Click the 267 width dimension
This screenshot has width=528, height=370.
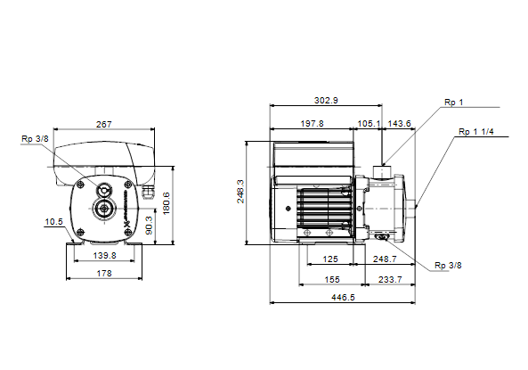coord(103,125)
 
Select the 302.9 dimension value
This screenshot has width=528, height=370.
coord(326,101)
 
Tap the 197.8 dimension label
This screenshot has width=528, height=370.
coord(312,124)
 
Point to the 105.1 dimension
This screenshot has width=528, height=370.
coord(369,124)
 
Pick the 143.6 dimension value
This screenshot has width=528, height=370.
coord(400,124)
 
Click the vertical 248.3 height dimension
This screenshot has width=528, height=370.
coord(240,191)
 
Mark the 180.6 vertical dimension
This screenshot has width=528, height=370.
coord(166,203)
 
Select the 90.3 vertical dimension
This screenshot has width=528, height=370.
coord(149,225)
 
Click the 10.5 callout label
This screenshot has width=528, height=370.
coord(54,222)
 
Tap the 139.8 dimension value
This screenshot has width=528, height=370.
coord(104,256)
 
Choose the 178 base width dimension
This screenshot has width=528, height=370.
coord(104,273)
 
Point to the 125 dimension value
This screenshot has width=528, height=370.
coord(330,259)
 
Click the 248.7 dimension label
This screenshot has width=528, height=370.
coord(385,259)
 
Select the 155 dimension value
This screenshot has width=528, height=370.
coord(332,280)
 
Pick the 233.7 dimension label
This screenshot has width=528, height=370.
coord(390,280)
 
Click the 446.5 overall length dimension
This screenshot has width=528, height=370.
coord(343,298)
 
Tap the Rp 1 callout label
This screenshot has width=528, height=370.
coord(453,103)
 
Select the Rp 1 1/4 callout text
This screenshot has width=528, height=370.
coord(476,132)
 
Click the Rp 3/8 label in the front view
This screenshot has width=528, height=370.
coord(35,138)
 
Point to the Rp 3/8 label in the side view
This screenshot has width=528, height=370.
coord(448,266)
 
